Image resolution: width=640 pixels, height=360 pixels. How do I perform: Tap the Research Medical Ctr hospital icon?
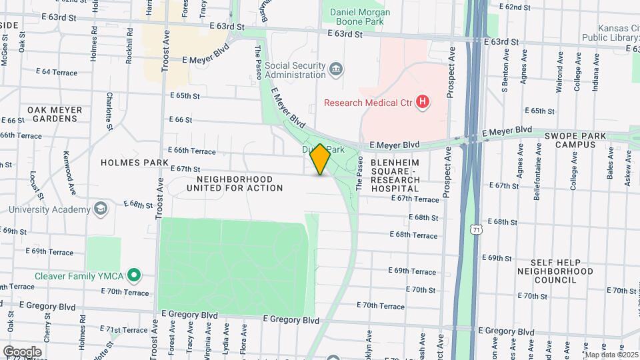point(421,102)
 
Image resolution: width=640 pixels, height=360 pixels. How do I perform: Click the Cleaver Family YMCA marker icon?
point(134,275)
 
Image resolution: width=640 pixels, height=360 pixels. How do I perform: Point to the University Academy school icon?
point(100,209)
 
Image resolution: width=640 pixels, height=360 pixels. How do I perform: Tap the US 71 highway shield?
point(473,230)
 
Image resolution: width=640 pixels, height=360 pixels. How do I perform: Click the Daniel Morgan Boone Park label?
point(356,17)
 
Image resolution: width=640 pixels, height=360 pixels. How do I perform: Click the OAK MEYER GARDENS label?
point(55,114)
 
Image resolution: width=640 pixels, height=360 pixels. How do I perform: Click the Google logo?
point(22,351)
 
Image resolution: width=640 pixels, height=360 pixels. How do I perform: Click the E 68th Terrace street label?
point(417,235)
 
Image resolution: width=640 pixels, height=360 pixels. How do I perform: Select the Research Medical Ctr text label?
point(368,102)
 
